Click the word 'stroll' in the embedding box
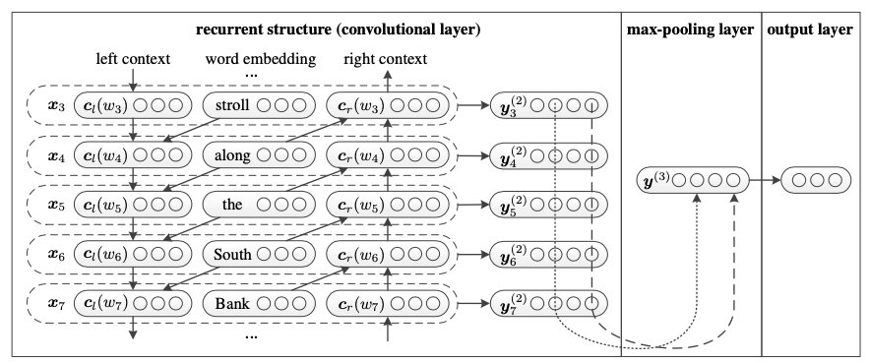[x=232, y=105]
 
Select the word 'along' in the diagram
[x=232, y=155]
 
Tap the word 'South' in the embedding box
[x=232, y=255]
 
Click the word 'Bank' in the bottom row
[x=232, y=304]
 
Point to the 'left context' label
[x=133, y=59]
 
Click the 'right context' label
[x=386, y=59]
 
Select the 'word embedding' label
[x=260, y=59]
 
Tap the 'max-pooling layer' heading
[x=690, y=30]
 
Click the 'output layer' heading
[x=810, y=30]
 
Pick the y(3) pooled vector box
[x=693, y=180]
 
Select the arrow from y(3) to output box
[x=765, y=180]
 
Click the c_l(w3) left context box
[x=133, y=105]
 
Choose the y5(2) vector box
[x=549, y=205]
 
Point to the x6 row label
[x=57, y=255]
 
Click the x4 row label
[x=57, y=156]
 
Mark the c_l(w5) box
[x=133, y=205]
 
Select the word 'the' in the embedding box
[x=232, y=205]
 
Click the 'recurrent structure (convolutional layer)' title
[x=338, y=30]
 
